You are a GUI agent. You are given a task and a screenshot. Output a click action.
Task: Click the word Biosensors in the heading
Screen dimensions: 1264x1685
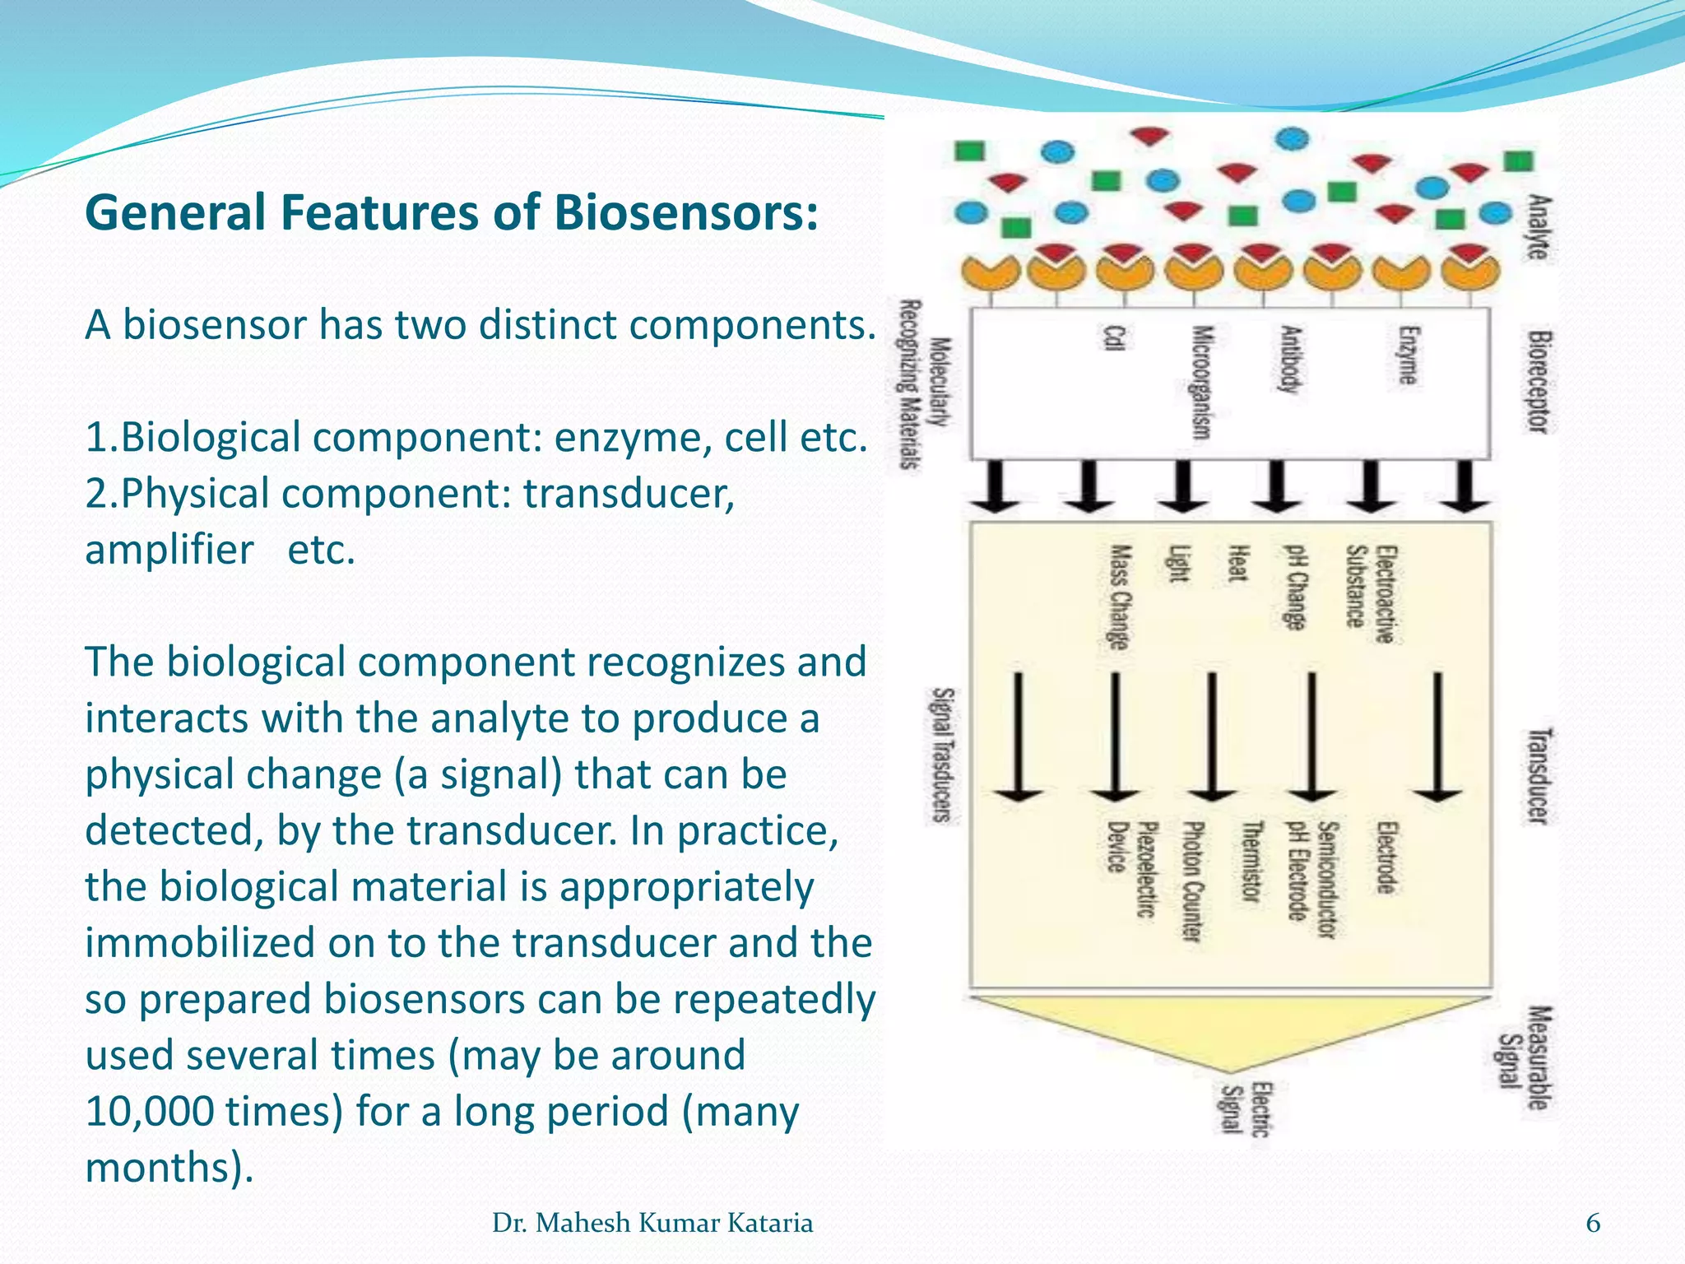(685, 213)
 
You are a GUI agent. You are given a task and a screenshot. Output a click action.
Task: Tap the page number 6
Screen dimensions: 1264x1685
(1593, 1224)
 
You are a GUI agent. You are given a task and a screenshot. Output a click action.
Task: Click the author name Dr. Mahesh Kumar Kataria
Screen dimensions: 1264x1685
(652, 1224)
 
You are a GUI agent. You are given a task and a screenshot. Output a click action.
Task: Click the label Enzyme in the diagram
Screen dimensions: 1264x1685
(1408, 355)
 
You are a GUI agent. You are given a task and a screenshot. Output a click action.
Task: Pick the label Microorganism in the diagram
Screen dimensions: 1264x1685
(1203, 383)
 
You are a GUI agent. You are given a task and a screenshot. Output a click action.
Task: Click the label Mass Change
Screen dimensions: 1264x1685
(1119, 597)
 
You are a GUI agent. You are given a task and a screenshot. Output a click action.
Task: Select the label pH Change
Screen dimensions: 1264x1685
(1296, 587)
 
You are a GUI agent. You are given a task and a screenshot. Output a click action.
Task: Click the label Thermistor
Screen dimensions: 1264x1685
(1251, 862)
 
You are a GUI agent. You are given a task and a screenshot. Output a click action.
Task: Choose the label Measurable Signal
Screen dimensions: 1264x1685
(1524, 1057)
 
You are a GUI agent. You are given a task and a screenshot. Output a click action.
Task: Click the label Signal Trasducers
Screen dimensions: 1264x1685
(942, 755)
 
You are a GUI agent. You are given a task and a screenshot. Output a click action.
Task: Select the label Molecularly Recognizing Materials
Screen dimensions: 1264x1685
(924, 384)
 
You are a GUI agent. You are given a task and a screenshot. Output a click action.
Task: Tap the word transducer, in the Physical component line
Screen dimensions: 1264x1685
(629, 494)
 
